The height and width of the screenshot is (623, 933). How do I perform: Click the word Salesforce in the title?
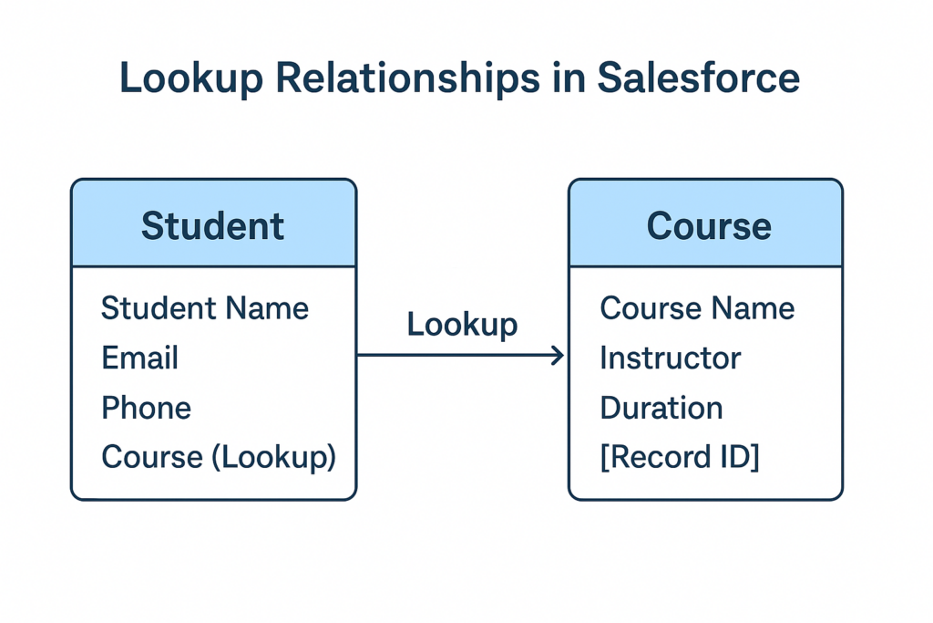[x=698, y=78]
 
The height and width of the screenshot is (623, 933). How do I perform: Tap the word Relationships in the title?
[x=407, y=78]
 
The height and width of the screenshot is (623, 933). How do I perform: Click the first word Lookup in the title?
[x=190, y=78]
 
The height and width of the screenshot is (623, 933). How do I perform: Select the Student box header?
[x=213, y=225]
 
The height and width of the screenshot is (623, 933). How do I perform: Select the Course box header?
[x=708, y=225]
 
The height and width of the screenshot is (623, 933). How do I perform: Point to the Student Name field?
[x=205, y=308]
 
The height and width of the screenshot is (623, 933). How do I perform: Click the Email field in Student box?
[x=139, y=358]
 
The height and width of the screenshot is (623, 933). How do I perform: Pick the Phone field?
[x=146, y=407]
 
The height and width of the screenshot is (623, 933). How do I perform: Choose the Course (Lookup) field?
[x=219, y=456]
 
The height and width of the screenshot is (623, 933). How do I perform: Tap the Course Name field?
[x=697, y=308]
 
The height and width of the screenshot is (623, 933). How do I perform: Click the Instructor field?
[x=670, y=358]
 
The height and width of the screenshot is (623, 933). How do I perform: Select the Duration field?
[x=661, y=407]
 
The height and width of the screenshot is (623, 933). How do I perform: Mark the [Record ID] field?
[x=680, y=456]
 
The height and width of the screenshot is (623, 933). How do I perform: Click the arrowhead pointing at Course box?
[x=558, y=356]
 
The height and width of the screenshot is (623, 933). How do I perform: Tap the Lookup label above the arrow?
[x=462, y=324]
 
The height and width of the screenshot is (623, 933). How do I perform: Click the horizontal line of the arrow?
[x=456, y=356]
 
